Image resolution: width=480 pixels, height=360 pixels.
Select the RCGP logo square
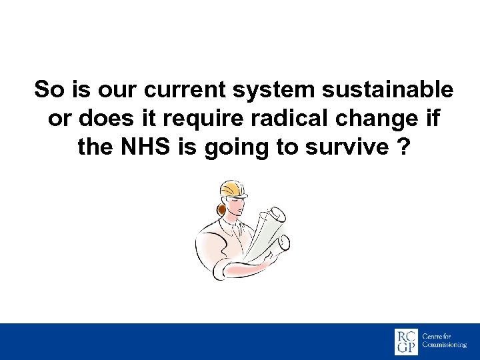click(x=406, y=341)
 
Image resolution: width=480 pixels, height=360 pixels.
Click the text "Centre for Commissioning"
click(x=444, y=341)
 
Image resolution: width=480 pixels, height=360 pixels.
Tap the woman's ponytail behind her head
click(x=220, y=209)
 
